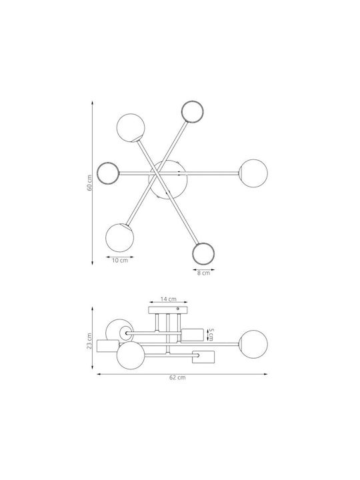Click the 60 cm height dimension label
point(90,183)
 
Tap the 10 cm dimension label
point(120,261)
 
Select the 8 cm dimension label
point(203,273)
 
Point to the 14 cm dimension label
point(169,299)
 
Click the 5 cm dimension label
point(211,335)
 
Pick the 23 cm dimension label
point(89,341)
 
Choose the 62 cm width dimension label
point(177,377)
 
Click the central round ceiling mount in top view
point(168,181)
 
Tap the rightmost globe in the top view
point(253,173)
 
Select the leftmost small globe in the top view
point(108,173)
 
